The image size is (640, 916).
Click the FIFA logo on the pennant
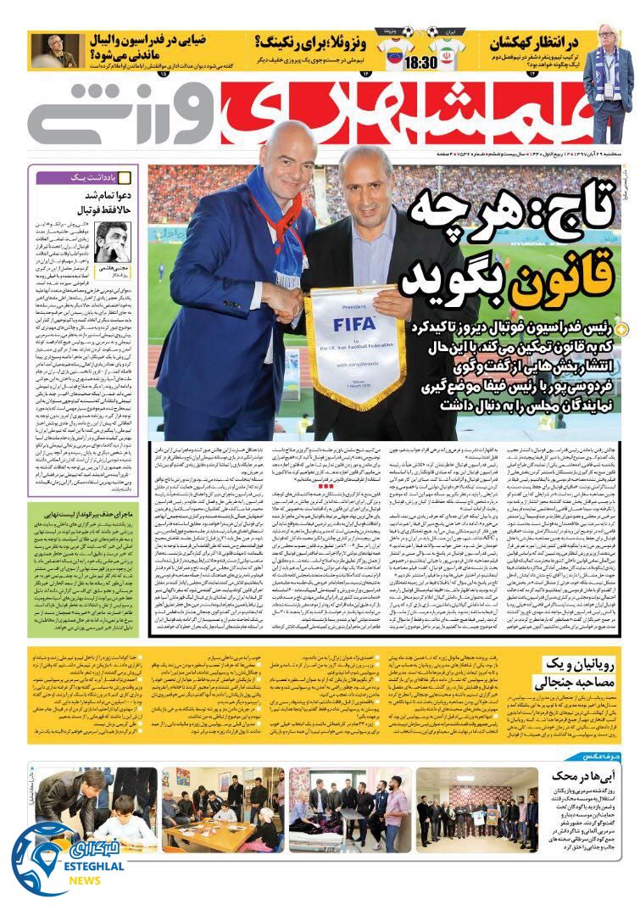point(353,323)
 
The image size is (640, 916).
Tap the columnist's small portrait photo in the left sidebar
point(112,243)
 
